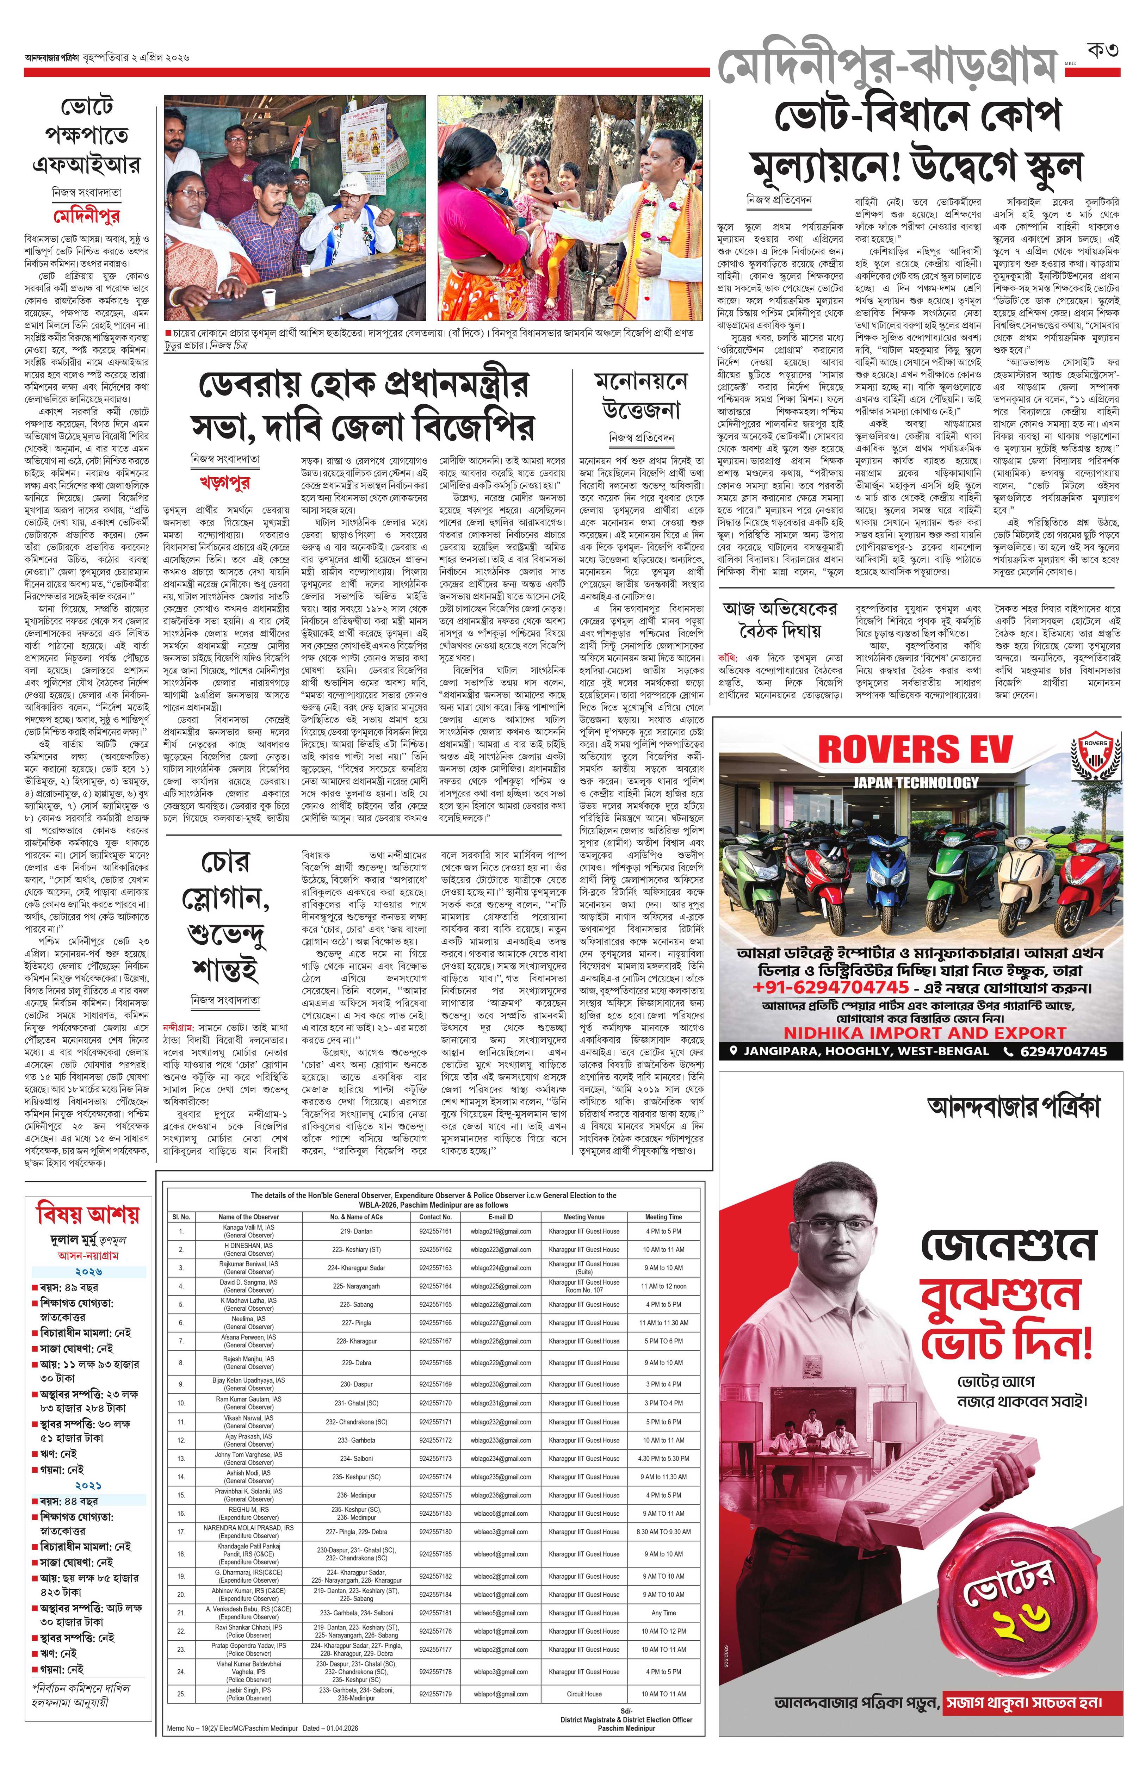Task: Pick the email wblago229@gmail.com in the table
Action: pyautogui.click(x=500, y=1362)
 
